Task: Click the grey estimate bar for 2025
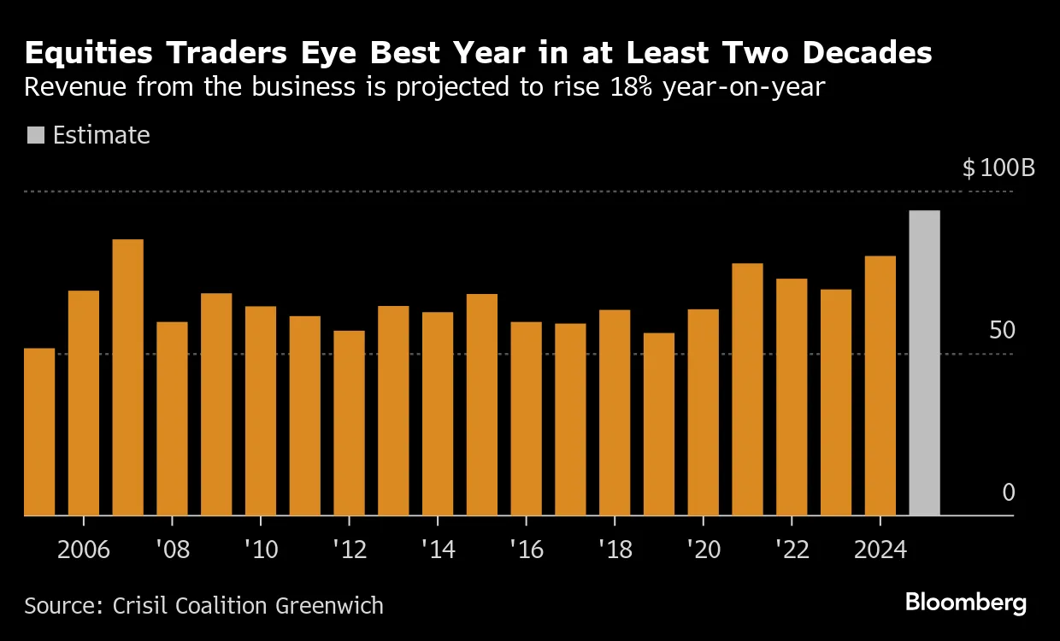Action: (x=924, y=363)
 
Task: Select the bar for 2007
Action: (x=128, y=378)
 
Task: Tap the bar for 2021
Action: (x=747, y=390)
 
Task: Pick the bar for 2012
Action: (x=349, y=423)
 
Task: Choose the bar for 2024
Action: (x=880, y=385)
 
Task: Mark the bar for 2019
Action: (x=659, y=424)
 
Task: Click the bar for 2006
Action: (x=84, y=403)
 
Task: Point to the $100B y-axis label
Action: (x=998, y=168)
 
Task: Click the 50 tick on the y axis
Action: (x=1002, y=331)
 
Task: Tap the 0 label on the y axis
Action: (x=1008, y=493)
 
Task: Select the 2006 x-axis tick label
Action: (x=84, y=549)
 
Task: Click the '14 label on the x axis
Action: (x=438, y=549)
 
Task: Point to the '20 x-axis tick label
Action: (x=703, y=549)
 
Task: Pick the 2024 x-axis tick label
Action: (x=880, y=549)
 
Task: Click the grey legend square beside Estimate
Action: (x=36, y=135)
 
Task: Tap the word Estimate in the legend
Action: (x=101, y=135)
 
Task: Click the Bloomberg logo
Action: (x=966, y=603)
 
